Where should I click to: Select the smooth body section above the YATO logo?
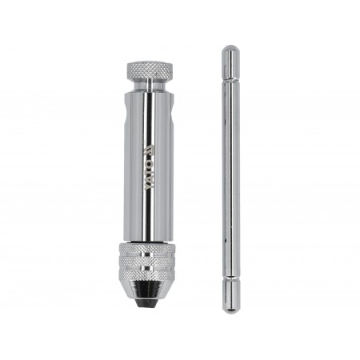[x=148, y=116]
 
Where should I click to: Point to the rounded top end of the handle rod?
[x=230, y=50]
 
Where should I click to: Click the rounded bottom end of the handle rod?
[x=230, y=309]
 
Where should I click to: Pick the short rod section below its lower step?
[x=230, y=294]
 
